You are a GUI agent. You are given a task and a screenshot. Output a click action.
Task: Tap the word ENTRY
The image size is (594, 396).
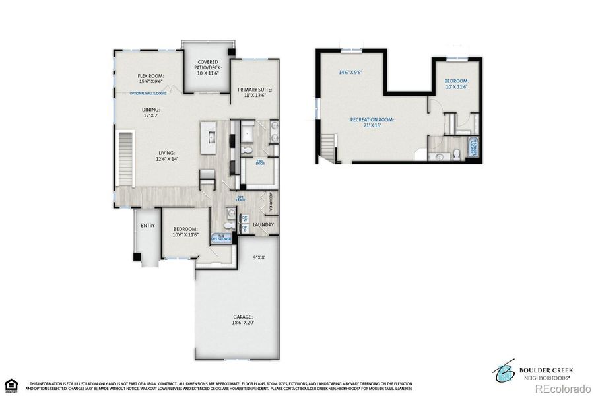[x=148, y=226]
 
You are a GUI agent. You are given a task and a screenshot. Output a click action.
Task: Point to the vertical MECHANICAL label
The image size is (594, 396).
[x=270, y=203]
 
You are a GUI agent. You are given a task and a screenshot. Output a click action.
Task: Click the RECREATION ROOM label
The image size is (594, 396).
[x=372, y=123]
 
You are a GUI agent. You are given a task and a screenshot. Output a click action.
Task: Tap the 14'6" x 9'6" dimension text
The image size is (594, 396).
[x=350, y=73]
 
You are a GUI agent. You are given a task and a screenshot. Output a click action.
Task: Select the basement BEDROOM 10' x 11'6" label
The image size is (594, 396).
[x=456, y=84]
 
